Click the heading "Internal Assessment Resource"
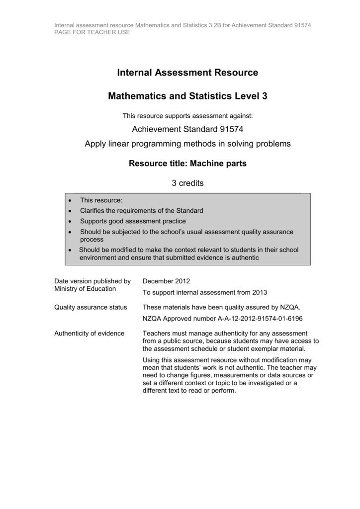coord(187,73)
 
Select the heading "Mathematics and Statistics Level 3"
coord(187,96)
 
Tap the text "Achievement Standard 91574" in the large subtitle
coord(187,130)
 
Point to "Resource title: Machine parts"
coord(187,164)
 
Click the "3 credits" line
coord(187,183)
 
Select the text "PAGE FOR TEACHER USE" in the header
coord(92,32)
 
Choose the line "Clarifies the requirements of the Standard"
coord(142,211)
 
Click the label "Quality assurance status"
coord(90,307)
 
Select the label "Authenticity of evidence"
coord(89,334)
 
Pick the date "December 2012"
coord(166,281)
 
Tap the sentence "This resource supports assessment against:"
coord(187,116)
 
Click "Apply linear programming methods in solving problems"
coord(187,144)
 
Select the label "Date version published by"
coord(92,281)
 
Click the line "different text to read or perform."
coord(189,391)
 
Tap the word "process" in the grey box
coord(91,239)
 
